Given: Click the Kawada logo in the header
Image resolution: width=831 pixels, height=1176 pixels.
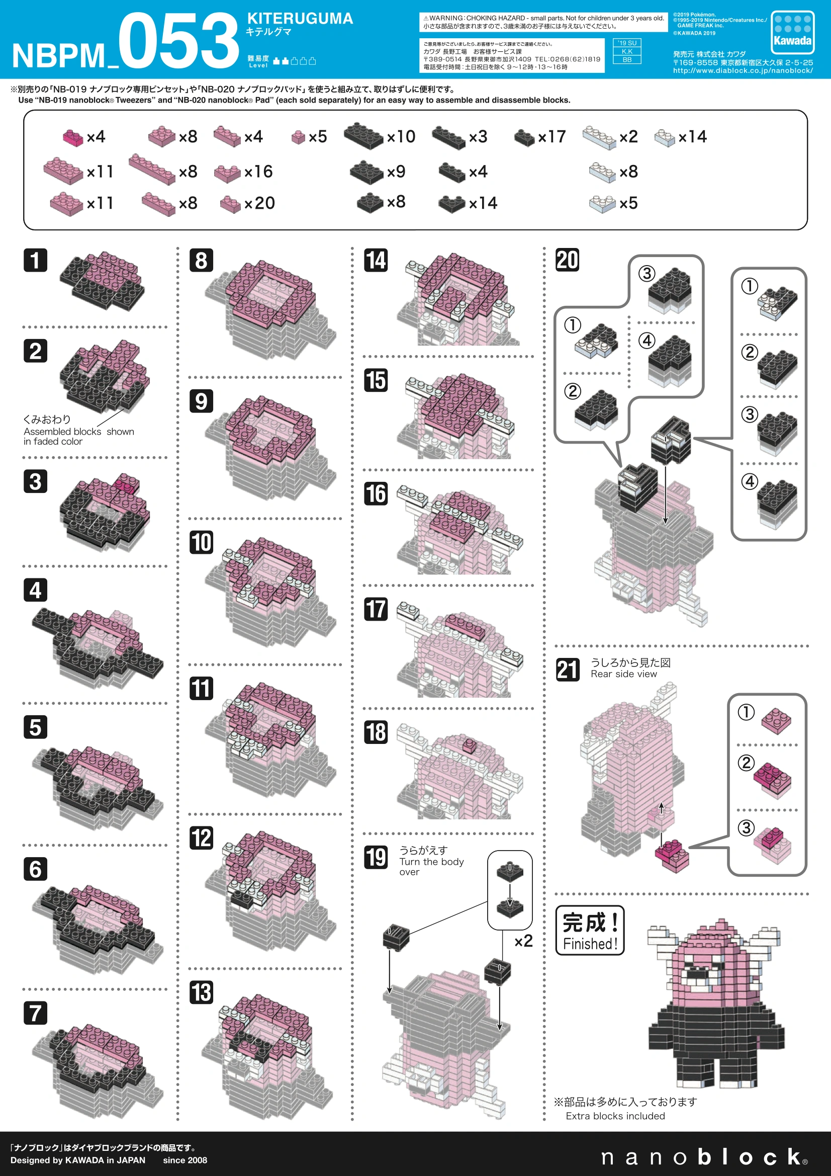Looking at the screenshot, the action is (792, 32).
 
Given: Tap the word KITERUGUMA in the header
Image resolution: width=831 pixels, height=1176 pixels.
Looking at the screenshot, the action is (300, 19).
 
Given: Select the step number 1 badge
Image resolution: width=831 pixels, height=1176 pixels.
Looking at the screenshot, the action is (35, 260).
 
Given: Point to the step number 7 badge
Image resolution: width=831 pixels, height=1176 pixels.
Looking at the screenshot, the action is (35, 1013).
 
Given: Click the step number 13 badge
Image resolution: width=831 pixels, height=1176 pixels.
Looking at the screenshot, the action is (201, 992).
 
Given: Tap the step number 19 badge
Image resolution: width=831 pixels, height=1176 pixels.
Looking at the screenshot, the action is (376, 858).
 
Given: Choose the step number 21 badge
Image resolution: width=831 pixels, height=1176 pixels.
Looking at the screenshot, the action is (568, 669).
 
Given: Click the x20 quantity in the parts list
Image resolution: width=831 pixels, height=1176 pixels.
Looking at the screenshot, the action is (259, 203).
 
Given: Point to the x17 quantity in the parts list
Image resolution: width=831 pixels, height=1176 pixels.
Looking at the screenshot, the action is (552, 137).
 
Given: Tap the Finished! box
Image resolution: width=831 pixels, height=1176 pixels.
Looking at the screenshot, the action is (590, 930).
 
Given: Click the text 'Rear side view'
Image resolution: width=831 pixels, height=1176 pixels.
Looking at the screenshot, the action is (624, 674).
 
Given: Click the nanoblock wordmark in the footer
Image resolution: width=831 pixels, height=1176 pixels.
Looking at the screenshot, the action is (704, 1156).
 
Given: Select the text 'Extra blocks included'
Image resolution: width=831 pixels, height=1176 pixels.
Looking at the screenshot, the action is (615, 1116).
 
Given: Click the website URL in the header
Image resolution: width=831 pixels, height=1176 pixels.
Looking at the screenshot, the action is (743, 71).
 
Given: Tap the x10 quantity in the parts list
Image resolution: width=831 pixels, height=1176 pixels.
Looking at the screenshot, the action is (401, 137).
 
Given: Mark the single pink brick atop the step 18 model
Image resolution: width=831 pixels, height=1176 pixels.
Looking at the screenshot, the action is (470, 745).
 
